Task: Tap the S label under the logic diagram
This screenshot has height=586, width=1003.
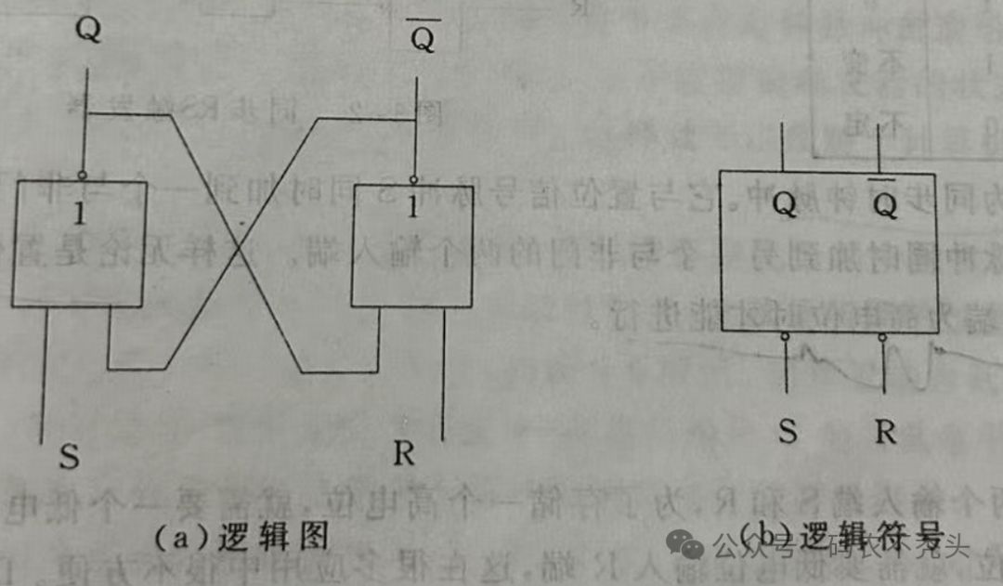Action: pyautogui.click(x=69, y=457)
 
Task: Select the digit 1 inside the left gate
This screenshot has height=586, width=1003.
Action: pyautogui.click(x=80, y=215)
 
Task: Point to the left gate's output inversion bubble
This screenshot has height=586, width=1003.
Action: pyautogui.click(x=82, y=175)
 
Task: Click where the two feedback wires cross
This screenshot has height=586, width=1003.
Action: pyautogui.click(x=241, y=246)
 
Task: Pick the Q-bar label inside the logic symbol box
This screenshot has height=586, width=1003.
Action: pyautogui.click(x=885, y=205)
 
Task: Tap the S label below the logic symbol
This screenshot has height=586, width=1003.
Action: pyautogui.click(x=788, y=433)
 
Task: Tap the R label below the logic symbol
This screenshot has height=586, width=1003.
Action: pyautogui.click(x=885, y=433)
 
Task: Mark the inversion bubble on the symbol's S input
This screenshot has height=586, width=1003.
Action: pyautogui.click(x=786, y=338)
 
